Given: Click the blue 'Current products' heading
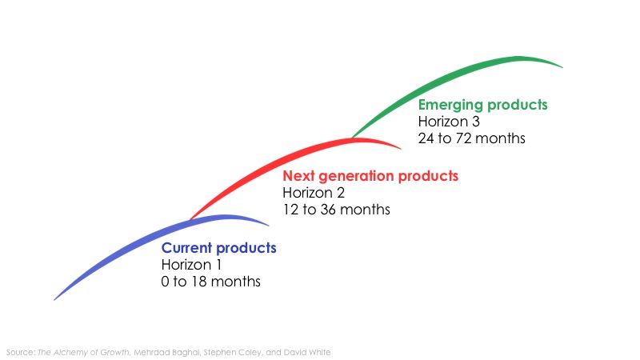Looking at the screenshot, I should coord(218,248).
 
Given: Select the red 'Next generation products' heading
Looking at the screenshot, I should coord(370,176).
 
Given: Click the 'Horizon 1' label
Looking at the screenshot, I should coord(191,265).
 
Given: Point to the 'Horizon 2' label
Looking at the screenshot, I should coord(312,193).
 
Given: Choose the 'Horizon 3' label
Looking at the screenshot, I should coord(448,122).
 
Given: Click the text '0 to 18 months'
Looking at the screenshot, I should coord(210,282).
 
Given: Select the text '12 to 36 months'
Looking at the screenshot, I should coord(336,210).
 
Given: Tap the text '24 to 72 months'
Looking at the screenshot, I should coord(472,138).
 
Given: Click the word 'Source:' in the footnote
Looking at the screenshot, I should coord(20,352).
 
